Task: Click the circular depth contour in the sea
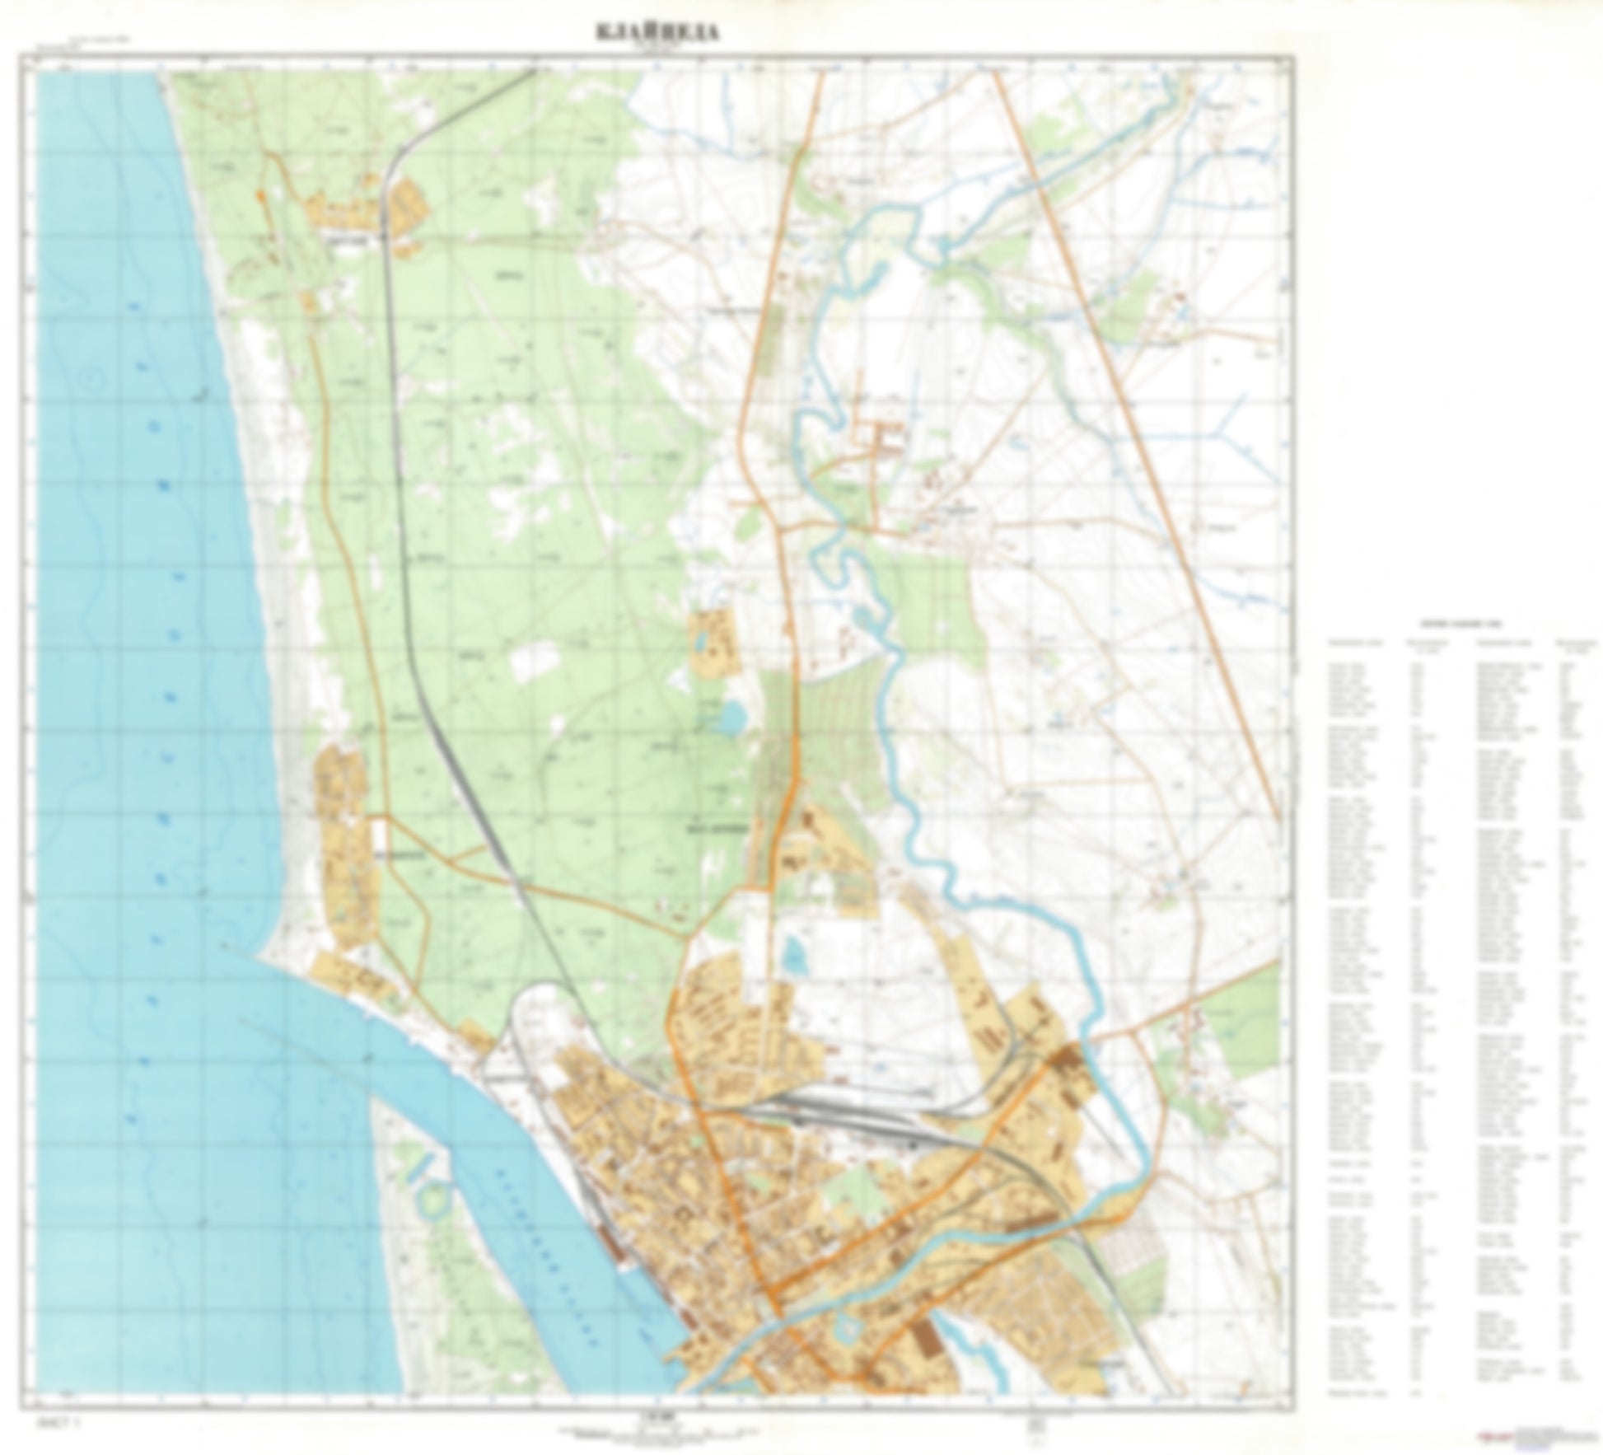(90, 380)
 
